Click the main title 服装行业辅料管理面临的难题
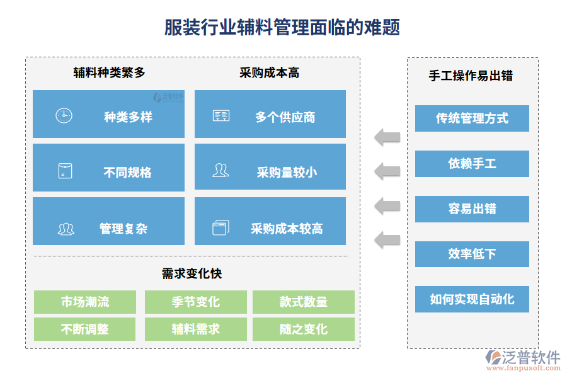pos(282,28)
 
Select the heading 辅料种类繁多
pos(109,73)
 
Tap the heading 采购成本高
pos(270,73)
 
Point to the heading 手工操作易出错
pos(471,76)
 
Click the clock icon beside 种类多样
pos(64,116)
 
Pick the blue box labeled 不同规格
pos(108,168)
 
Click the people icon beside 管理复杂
pos(66,229)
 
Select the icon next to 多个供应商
pos(221,116)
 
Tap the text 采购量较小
pos(287,172)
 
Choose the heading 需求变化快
pos(192,273)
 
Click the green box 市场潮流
pos(85,302)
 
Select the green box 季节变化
pos(195,302)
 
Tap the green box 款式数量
pos(303,302)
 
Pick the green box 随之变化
pos(303,329)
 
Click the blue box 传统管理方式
pos(472,118)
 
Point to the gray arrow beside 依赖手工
pos(387,171)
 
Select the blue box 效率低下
pos(472,254)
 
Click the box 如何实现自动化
pos(472,299)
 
